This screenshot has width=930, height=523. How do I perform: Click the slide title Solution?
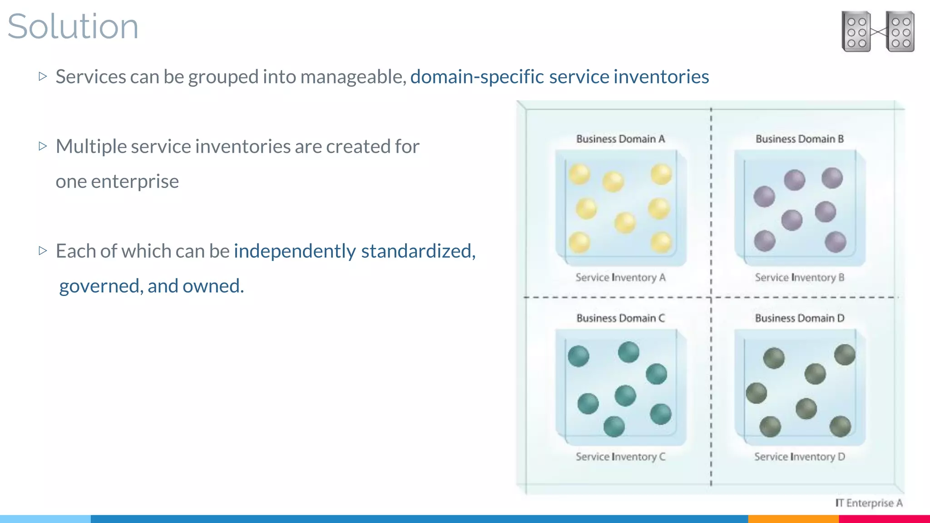pos(73,26)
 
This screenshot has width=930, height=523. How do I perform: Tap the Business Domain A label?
pos(620,139)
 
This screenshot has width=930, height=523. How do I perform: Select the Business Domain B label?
pos(799,139)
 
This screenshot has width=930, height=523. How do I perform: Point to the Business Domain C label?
pos(620,318)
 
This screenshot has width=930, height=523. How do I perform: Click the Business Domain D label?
pos(799,318)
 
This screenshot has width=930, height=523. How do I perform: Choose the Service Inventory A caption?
pos(620,277)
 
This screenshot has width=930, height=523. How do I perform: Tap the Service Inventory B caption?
pos(799,277)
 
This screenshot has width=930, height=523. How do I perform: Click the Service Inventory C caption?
pos(620,457)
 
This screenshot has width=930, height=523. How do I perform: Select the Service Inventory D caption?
pos(799,457)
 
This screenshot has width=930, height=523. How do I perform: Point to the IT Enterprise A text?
pos(869,503)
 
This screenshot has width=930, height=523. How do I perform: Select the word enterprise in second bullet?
pos(135,182)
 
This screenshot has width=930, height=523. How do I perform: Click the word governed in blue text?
pos(99,286)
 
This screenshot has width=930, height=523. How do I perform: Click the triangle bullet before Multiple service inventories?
pos(43,146)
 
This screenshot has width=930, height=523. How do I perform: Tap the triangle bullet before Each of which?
pos(43,251)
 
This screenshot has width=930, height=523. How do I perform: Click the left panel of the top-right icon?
pos(856,32)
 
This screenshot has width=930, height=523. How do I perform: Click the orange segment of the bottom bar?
pos(793,519)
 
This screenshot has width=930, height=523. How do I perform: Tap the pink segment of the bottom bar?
pos(884,519)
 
